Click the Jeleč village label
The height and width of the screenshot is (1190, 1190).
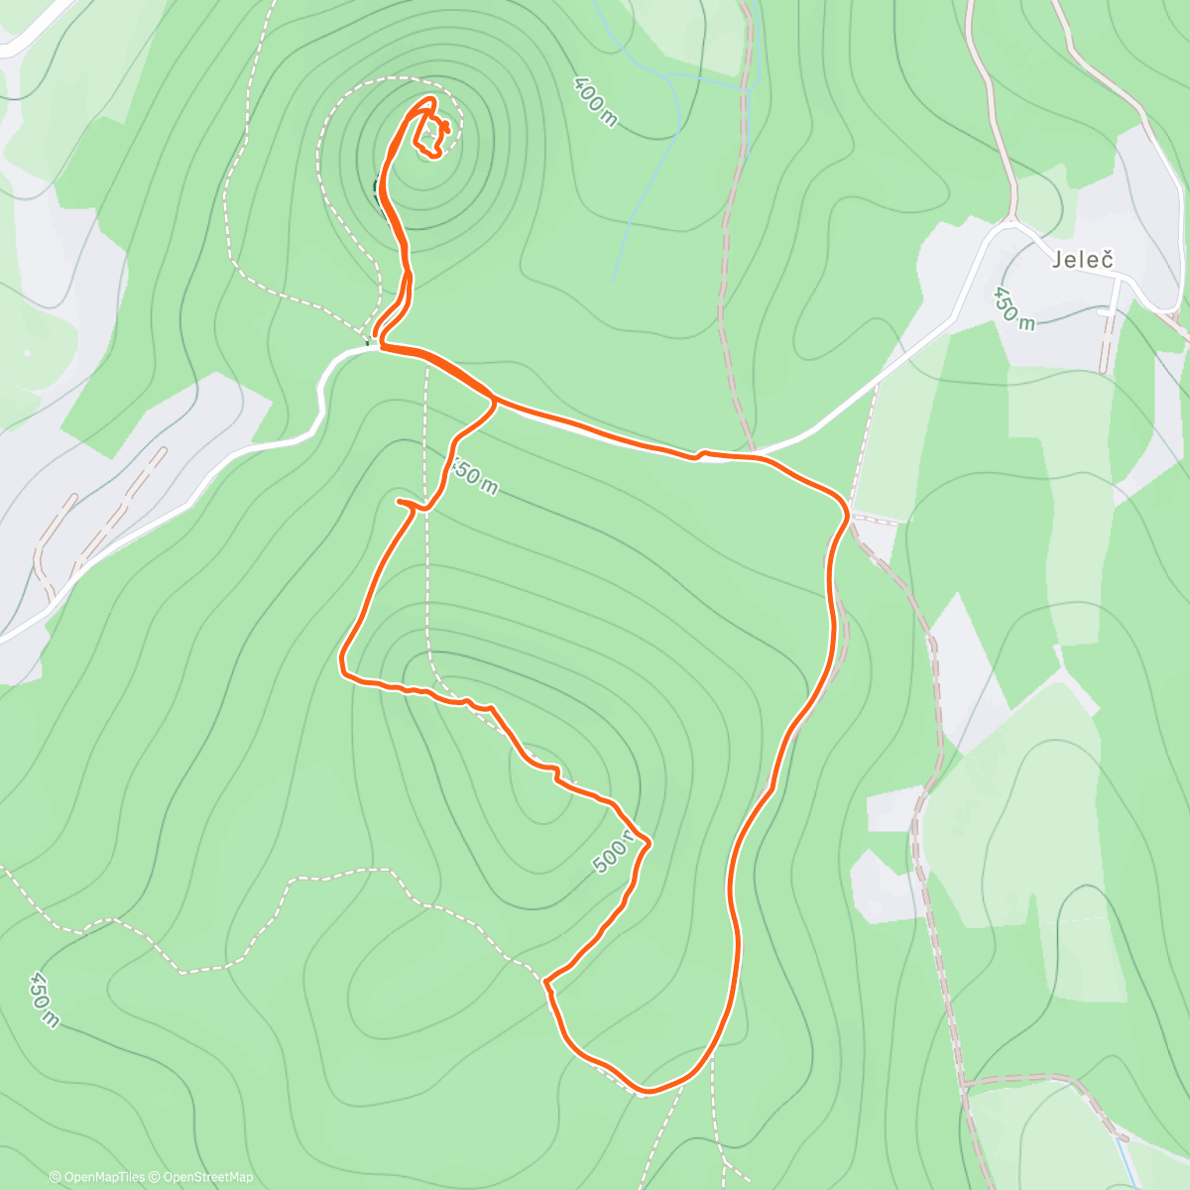coord(1083,260)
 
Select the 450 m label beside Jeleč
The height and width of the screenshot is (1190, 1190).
coord(1013,308)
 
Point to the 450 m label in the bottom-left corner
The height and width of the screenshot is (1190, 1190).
coord(44,999)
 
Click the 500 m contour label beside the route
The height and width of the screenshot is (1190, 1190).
coord(615,852)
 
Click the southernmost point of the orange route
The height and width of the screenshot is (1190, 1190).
coord(646,1092)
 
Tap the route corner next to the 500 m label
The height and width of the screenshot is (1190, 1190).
coord(649,843)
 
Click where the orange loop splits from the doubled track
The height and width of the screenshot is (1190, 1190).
coord(493,399)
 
